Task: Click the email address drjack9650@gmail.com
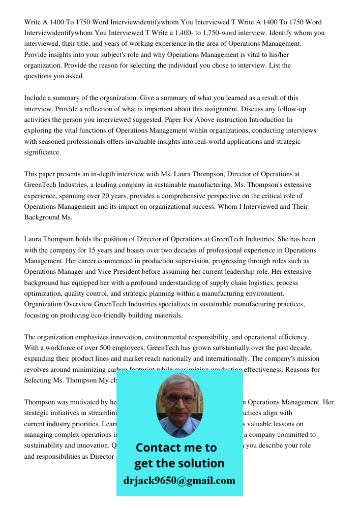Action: click(179, 481)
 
